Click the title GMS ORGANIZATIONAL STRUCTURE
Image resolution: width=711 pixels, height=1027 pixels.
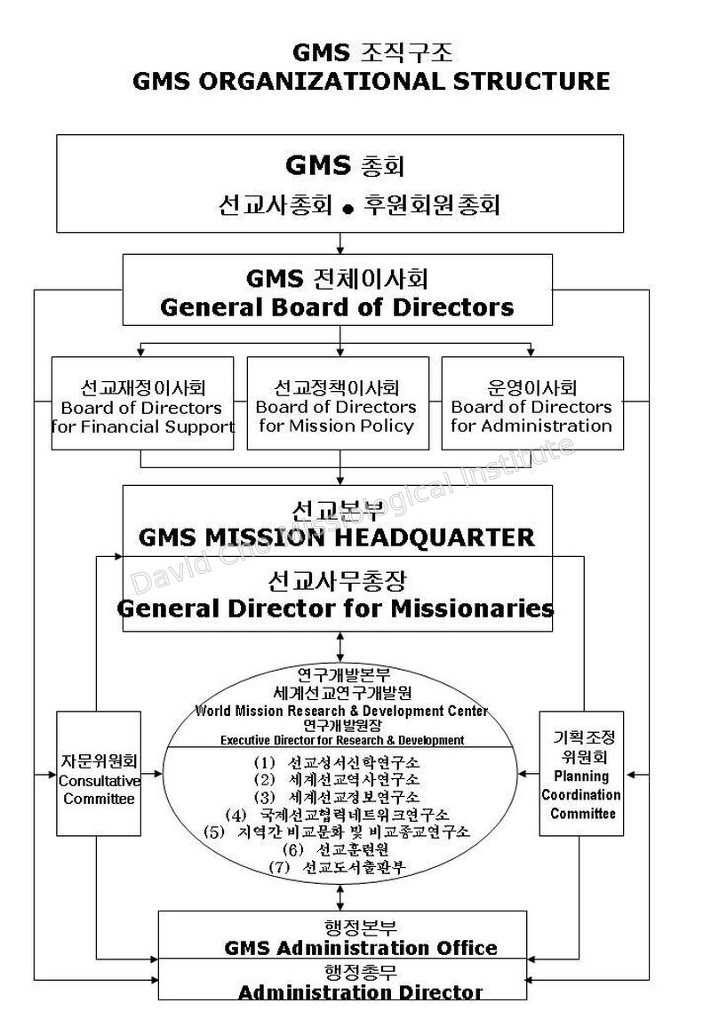(x=371, y=81)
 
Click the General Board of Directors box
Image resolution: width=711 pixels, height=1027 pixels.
(x=338, y=290)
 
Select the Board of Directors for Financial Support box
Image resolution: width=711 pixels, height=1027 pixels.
(x=143, y=402)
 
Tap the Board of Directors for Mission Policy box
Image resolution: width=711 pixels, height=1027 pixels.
(x=338, y=402)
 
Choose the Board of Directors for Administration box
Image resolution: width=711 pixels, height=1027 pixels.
(x=532, y=402)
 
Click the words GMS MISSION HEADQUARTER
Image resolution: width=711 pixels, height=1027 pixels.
(x=337, y=537)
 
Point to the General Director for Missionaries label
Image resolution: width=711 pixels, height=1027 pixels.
(x=336, y=609)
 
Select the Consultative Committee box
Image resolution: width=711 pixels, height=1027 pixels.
(x=99, y=774)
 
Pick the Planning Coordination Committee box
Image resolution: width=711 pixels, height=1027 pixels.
(x=581, y=774)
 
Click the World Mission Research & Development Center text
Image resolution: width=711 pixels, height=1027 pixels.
(x=341, y=711)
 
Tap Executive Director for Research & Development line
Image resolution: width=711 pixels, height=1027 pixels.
(x=342, y=740)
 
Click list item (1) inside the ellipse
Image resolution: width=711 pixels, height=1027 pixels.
(x=337, y=762)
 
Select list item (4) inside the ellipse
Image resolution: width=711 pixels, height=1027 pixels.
(x=337, y=815)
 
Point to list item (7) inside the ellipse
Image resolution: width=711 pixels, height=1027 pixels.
(x=337, y=867)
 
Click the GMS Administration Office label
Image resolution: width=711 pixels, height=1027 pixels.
(x=361, y=948)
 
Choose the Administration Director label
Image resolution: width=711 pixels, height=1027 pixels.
(x=361, y=992)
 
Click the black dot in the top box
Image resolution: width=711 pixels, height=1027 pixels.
(x=348, y=209)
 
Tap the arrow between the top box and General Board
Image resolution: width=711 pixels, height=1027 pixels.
(x=340, y=243)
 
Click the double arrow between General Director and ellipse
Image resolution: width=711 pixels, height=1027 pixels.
(x=340, y=647)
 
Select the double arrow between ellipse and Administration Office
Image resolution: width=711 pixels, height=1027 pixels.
(x=340, y=897)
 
